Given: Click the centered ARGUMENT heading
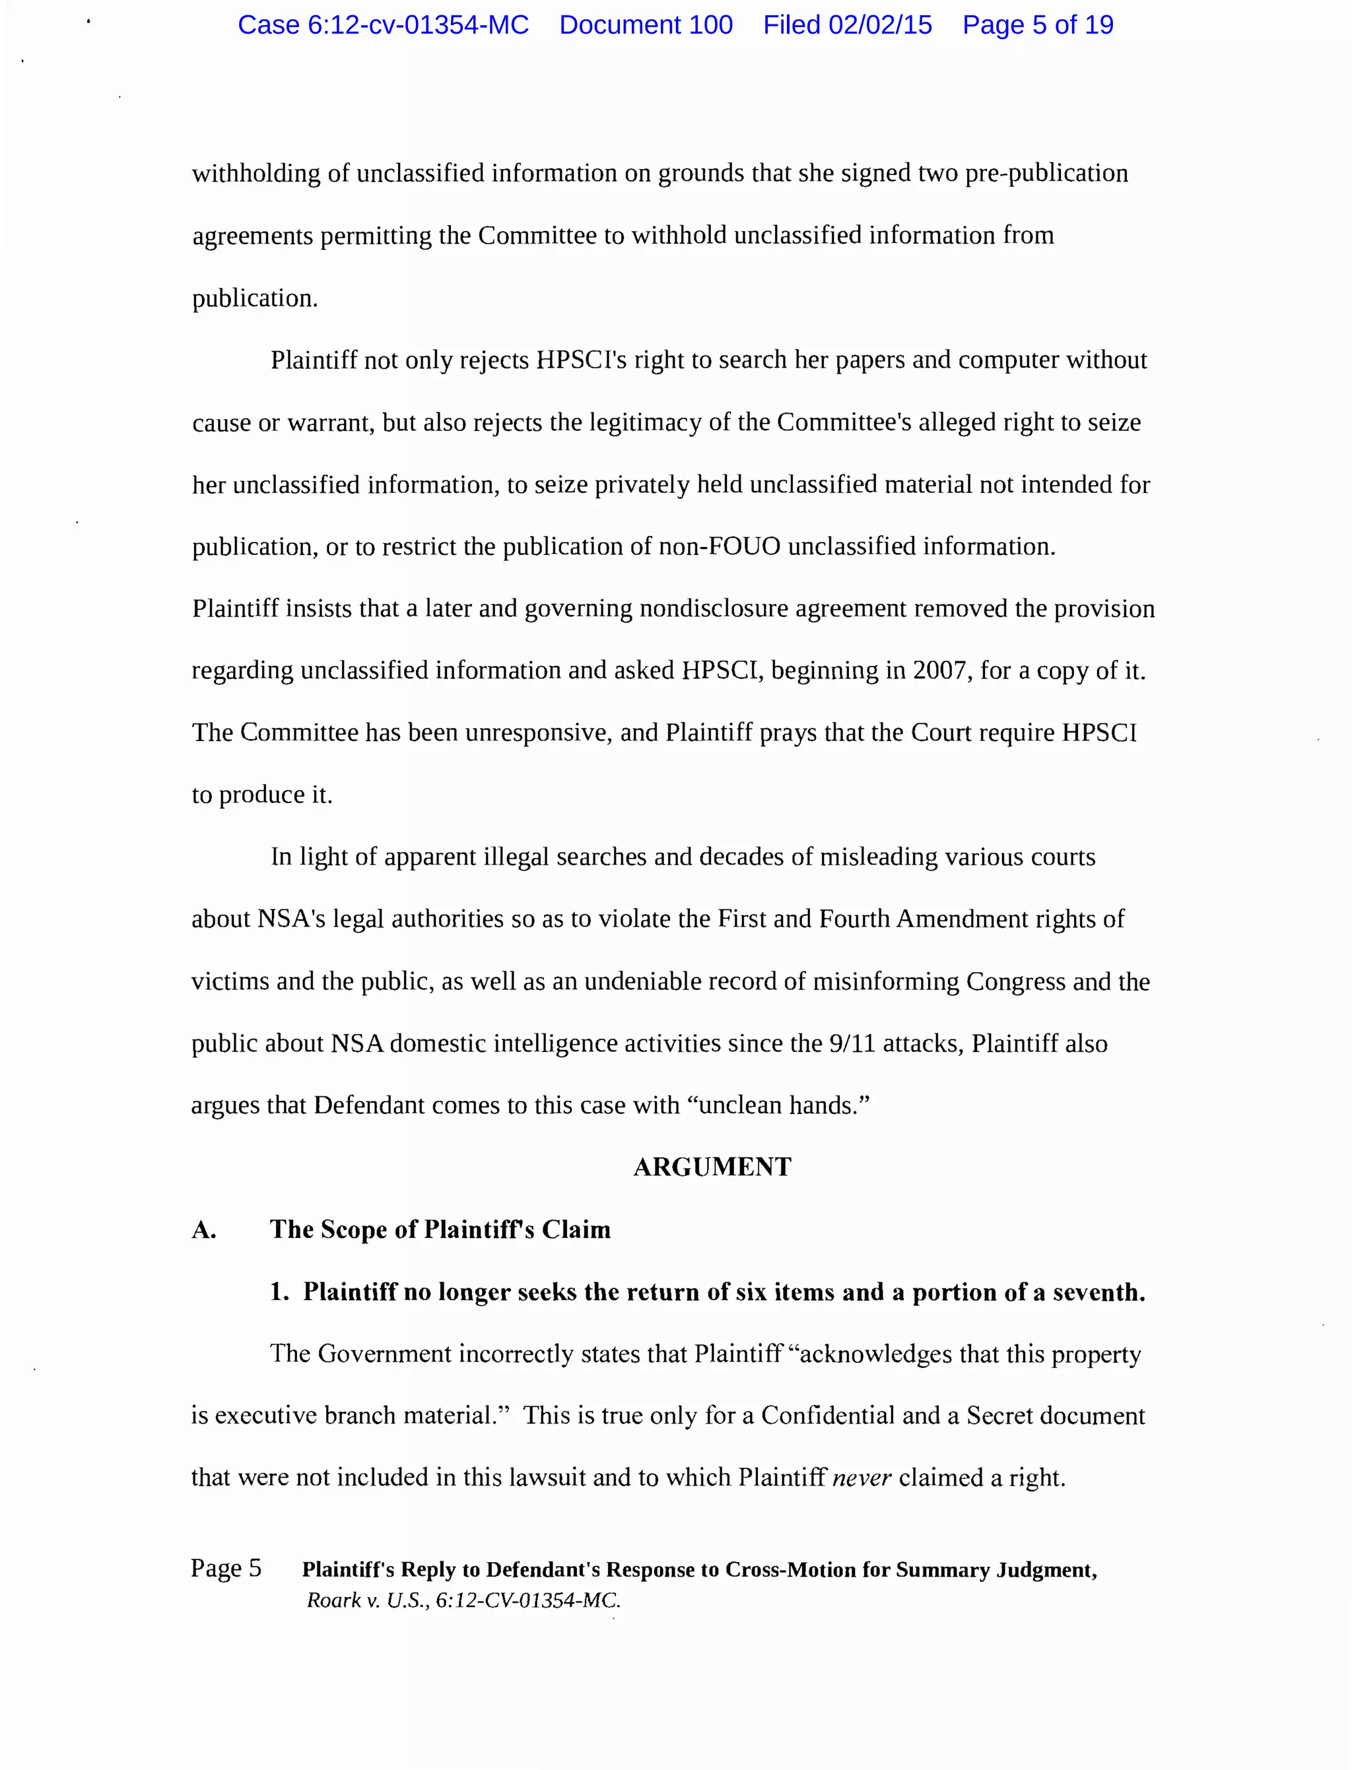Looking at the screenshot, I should [712, 1167].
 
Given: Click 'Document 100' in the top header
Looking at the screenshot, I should [646, 25].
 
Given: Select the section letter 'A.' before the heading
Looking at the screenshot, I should [203, 1229].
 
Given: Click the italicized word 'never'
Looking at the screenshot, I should [861, 1477].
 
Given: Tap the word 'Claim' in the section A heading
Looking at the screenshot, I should [576, 1229].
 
